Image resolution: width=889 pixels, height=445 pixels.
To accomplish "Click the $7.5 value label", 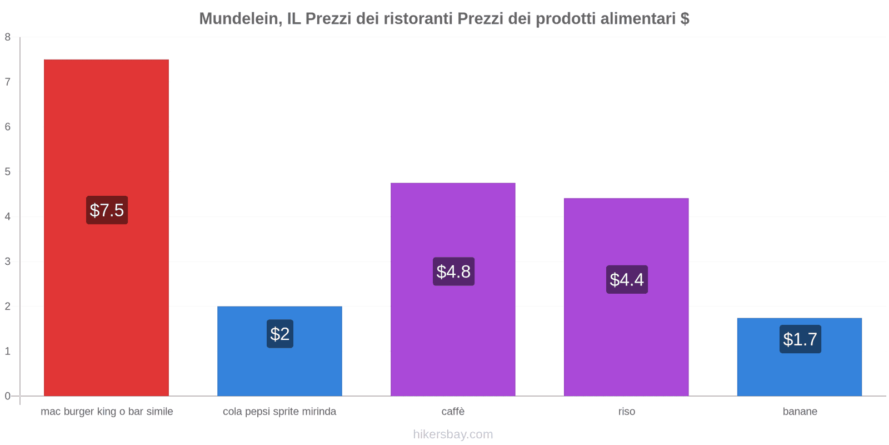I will click(x=107, y=210).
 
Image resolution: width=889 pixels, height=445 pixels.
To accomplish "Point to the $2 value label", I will click(x=279, y=334).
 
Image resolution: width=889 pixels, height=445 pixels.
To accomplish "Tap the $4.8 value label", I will click(x=453, y=271).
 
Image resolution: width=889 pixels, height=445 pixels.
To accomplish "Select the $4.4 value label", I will click(x=627, y=279).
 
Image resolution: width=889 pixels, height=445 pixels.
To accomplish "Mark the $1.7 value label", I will click(x=800, y=339).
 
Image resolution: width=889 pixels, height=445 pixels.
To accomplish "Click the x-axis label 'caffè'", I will click(x=453, y=412).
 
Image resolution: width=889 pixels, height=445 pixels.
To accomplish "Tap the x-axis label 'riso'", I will click(x=626, y=412).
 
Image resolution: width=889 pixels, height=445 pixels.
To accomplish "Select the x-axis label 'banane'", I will click(x=800, y=412).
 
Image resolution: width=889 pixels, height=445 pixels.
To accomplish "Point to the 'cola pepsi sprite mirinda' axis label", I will click(x=279, y=412).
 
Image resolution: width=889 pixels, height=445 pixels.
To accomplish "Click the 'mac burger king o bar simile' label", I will click(x=107, y=412).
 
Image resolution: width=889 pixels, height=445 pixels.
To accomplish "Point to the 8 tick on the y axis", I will click(x=8, y=37).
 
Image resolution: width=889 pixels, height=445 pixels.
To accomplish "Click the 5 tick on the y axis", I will click(x=8, y=172).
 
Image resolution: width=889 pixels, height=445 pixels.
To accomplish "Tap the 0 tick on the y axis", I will click(x=8, y=396).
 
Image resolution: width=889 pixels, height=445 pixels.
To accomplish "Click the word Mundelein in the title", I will click(x=239, y=19).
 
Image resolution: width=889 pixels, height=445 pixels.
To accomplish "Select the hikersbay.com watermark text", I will click(x=453, y=434).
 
